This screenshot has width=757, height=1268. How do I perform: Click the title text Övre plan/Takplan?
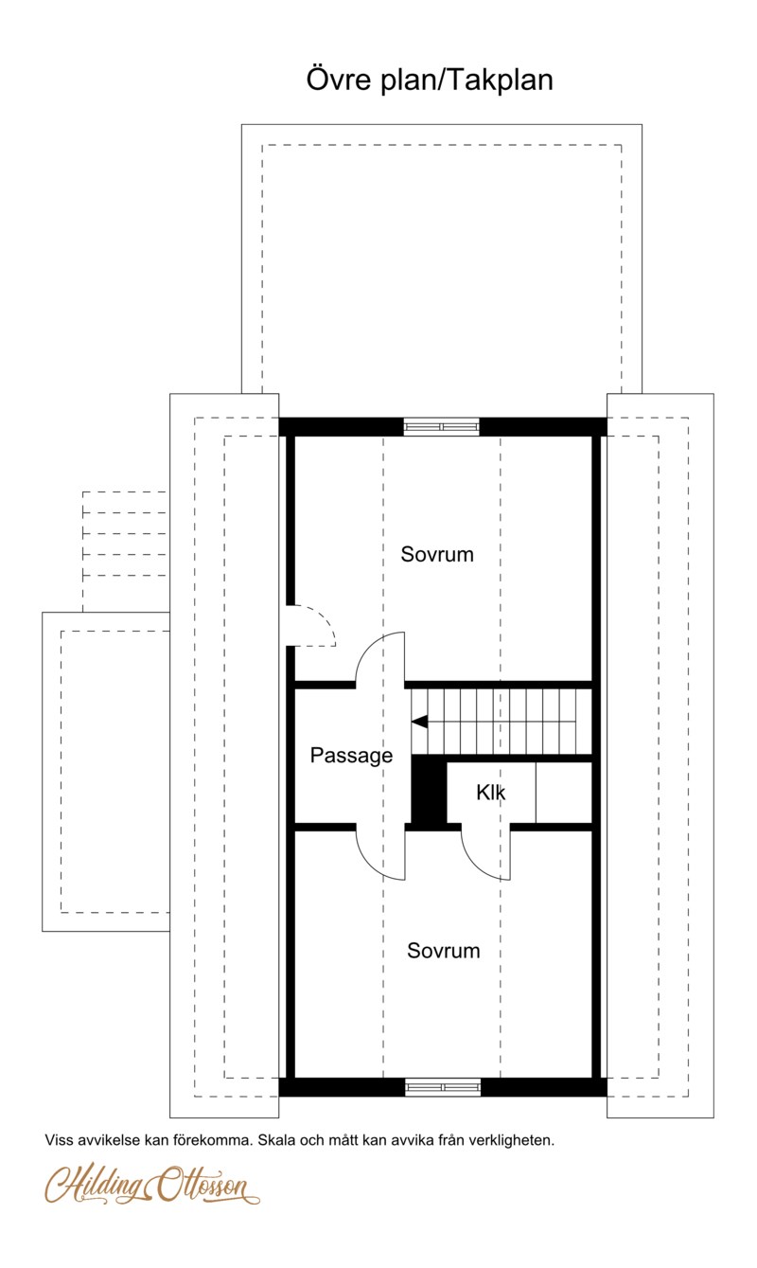(x=430, y=80)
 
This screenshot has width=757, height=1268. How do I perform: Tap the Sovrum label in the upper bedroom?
(x=437, y=554)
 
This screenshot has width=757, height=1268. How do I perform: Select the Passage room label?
(x=351, y=756)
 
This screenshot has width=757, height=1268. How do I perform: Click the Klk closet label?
(x=490, y=793)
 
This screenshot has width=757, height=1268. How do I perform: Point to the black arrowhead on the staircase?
(x=419, y=722)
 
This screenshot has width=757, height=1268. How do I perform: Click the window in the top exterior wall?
(x=441, y=426)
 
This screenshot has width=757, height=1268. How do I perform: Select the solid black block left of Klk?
(x=429, y=792)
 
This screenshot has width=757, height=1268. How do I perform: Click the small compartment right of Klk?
(x=564, y=792)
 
